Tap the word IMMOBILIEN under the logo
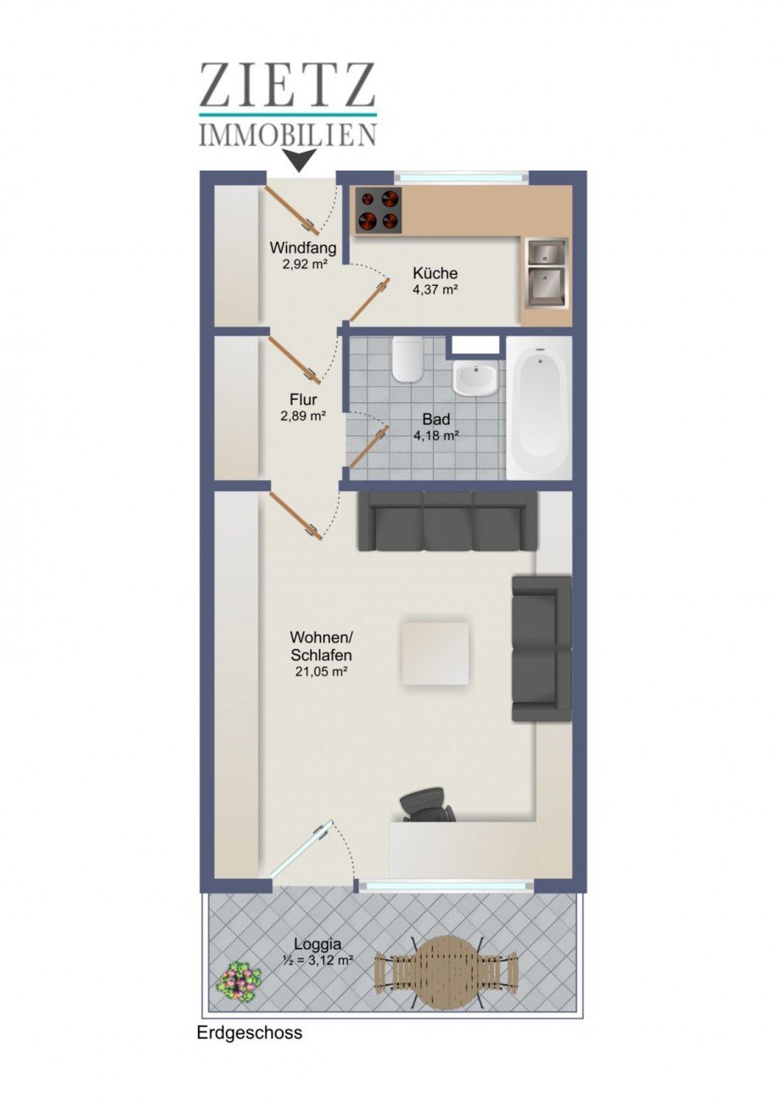click(x=288, y=134)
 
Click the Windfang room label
click(x=303, y=249)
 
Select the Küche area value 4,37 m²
click(x=435, y=289)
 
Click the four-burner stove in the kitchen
click(x=378, y=209)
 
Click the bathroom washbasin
click(x=478, y=379)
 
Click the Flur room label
click(x=303, y=399)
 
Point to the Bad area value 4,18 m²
click(x=436, y=435)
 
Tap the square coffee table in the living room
click(x=435, y=653)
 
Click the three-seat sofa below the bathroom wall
click(x=447, y=521)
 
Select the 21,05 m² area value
click(x=321, y=671)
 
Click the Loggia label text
click(x=317, y=943)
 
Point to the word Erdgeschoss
click(x=250, y=1034)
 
